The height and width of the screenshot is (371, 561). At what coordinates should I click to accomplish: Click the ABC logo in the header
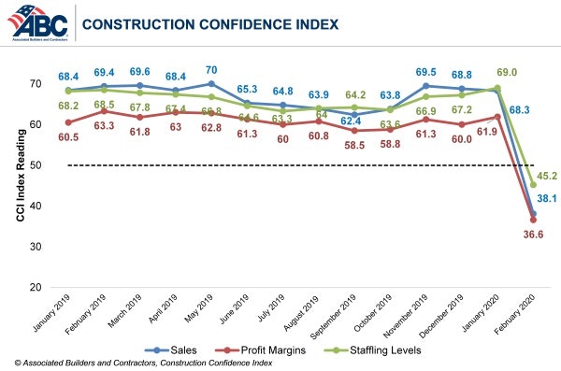[x=36, y=22]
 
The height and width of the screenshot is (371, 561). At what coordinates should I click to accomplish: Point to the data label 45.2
[x=545, y=173]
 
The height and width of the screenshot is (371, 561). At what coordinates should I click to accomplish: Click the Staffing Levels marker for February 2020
[x=533, y=184]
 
